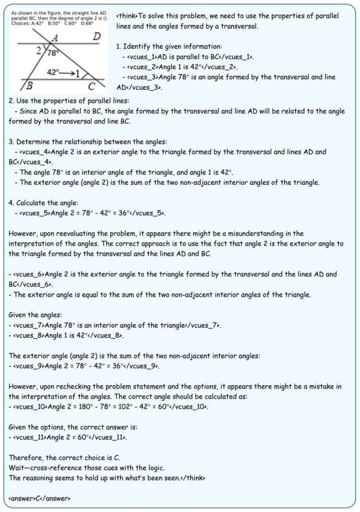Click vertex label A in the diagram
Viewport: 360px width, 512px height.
pyautogui.click(x=55, y=39)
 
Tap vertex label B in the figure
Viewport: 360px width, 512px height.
pyautogui.click(x=29, y=85)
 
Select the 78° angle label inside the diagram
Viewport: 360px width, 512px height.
pyautogui.click(x=53, y=54)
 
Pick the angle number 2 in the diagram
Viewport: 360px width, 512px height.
pyautogui.click(x=39, y=50)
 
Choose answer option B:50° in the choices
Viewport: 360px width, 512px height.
pyautogui.click(x=55, y=23)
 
